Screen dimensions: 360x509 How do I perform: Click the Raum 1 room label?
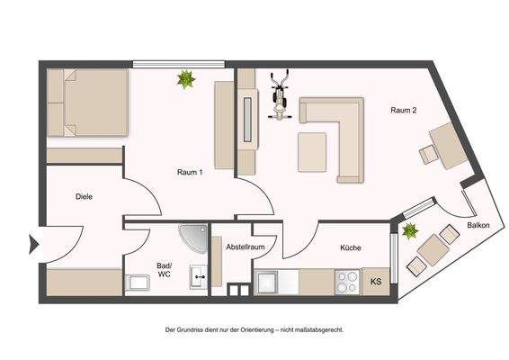tap(189, 172)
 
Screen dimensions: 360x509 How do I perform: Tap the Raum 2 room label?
tap(403, 111)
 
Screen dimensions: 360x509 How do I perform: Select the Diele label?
tap(85, 196)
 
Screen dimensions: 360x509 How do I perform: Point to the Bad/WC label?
tap(164, 269)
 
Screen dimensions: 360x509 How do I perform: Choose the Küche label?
tap(351, 247)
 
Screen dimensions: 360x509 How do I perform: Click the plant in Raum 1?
tap(186, 80)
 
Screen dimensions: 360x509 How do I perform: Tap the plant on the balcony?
tap(410, 231)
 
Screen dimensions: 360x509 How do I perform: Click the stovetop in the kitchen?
tap(346, 282)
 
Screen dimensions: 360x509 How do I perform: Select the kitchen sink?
tap(269, 283)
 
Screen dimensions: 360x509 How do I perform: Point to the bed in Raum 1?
tap(86, 103)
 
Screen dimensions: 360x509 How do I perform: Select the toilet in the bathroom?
tap(138, 283)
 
